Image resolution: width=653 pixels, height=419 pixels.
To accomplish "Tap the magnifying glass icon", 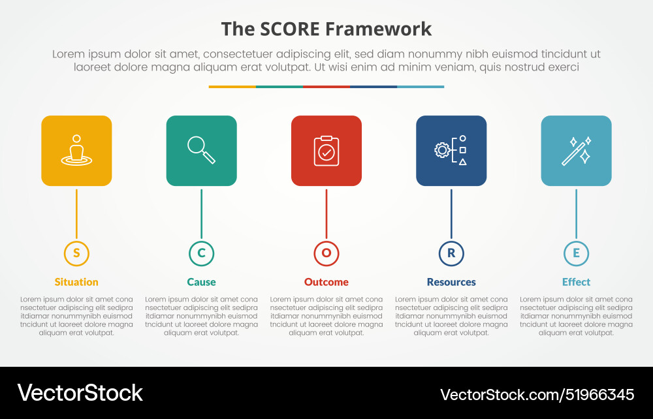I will [201, 150].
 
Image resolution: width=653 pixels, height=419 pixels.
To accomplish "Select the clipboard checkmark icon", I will [326, 151].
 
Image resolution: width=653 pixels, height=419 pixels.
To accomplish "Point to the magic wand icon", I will [576, 151].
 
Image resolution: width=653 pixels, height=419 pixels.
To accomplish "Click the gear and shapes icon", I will [451, 151].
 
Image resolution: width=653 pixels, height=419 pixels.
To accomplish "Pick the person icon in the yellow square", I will [76, 151].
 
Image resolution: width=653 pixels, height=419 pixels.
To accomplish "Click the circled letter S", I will [76, 253].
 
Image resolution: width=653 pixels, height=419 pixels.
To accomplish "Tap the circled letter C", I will [201, 253].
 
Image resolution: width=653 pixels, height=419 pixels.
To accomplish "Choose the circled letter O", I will [326, 253].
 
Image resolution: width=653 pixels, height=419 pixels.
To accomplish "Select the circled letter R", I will [451, 253].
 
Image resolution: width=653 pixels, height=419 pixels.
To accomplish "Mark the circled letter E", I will [576, 253].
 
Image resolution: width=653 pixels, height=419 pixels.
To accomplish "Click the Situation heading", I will [76, 282].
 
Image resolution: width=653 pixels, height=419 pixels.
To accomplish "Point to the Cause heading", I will [201, 282].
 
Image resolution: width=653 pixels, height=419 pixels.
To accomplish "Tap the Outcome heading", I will [326, 282].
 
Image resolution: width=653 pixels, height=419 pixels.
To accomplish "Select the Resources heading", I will [451, 282].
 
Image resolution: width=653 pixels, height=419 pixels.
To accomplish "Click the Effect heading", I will [576, 282].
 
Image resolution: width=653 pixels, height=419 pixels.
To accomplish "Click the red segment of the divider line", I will [326, 86].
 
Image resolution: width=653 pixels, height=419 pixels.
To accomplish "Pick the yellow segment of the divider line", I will [232, 86].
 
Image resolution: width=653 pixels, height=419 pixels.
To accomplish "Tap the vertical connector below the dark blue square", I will [451, 214].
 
